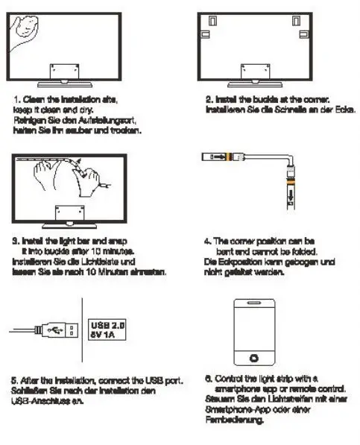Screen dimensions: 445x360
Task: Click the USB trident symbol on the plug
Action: tap(54, 329)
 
